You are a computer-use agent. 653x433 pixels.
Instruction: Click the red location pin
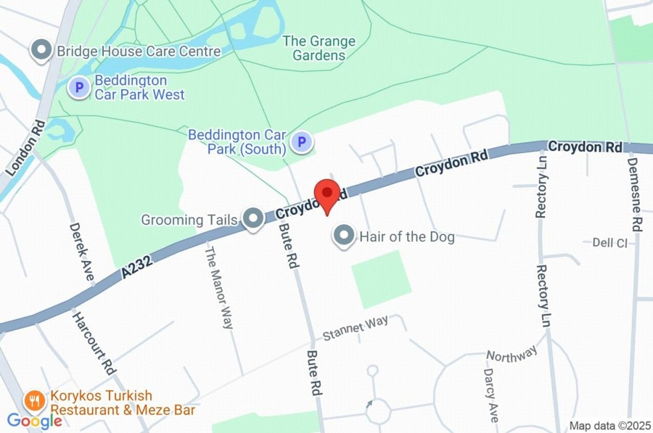click(326, 194)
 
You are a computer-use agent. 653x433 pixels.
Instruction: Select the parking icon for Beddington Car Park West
click(78, 88)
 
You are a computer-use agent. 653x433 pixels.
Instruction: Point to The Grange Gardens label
click(319, 48)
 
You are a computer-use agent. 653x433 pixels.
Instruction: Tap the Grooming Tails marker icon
click(252, 218)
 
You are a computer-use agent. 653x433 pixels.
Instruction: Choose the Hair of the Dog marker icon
click(343, 236)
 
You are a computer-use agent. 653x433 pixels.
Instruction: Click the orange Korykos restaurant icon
click(33, 400)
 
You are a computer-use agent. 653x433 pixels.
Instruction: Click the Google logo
click(34, 421)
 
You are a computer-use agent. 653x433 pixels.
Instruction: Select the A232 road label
click(137, 269)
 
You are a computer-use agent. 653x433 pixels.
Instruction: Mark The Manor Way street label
click(218, 288)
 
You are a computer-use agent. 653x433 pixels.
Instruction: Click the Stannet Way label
click(356, 329)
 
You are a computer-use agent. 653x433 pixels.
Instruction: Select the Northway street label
click(512, 353)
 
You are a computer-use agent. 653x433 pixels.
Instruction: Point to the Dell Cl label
click(609, 243)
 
